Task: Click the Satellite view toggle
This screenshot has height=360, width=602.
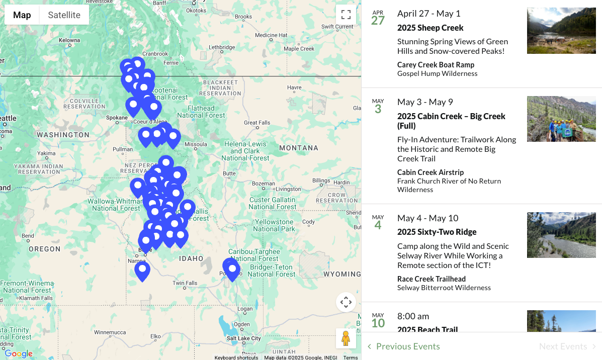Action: [64, 15]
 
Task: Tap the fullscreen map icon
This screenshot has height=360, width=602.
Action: [346, 15]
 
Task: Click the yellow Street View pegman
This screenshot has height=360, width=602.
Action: [346, 338]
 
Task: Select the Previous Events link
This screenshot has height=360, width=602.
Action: [407, 346]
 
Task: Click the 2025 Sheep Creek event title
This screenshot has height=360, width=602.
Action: [430, 28]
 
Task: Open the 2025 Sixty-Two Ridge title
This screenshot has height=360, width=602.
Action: [437, 232]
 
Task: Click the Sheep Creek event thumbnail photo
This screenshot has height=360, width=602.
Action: [561, 31]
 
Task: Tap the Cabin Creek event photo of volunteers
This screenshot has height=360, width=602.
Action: [561, 119]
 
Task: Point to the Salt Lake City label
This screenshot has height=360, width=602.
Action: [243, 338]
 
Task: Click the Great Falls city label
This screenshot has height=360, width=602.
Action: [256, 123]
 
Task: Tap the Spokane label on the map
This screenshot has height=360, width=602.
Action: [117, 118]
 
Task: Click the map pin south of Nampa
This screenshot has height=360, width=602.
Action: [142, 271]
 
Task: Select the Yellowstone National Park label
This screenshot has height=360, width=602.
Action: [274, 225]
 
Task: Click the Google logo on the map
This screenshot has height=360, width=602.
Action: [19, 354]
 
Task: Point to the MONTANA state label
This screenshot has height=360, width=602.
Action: [299, 148]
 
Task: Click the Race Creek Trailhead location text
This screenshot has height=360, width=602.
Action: [431, 279]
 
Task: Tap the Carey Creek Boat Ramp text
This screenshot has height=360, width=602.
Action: [436, 65]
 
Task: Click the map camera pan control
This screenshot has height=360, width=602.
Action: [346, 302]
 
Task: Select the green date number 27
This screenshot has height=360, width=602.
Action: [378, 21]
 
